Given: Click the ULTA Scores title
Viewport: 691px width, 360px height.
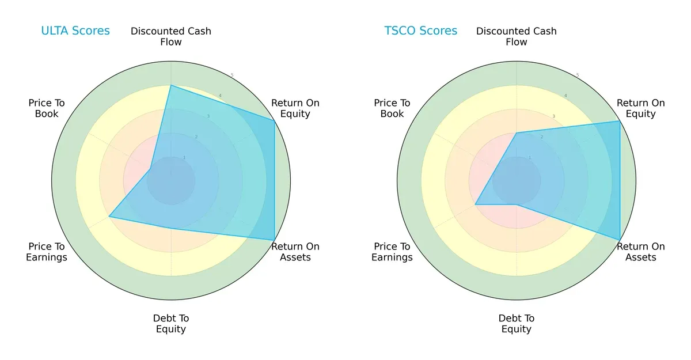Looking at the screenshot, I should (75, 31).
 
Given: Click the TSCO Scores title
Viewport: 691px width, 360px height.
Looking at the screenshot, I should (420, 31).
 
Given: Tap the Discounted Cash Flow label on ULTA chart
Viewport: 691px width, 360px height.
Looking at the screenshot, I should (171, 36).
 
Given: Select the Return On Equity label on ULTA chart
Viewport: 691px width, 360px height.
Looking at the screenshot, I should (295, 108).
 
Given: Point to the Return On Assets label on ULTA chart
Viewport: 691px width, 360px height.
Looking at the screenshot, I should (295, 252).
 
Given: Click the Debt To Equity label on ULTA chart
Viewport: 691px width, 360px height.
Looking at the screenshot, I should (171, 324).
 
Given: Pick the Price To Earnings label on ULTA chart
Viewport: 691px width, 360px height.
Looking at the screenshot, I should (47, 252).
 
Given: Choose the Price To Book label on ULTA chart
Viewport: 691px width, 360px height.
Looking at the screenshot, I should (47, 108).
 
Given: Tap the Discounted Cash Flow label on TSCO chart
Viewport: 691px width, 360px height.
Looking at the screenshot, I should (517, 36).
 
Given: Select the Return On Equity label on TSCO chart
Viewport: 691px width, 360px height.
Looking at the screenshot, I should (640, 108).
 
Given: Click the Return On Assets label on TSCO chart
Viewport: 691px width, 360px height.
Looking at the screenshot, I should (640, 252).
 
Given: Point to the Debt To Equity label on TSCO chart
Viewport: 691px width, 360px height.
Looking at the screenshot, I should (517, 324).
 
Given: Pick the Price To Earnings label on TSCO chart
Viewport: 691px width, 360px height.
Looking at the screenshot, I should (392, 252).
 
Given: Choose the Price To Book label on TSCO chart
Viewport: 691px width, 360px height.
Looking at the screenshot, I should (392, 108).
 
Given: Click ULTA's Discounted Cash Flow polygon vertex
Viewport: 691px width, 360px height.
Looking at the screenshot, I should (171, 85).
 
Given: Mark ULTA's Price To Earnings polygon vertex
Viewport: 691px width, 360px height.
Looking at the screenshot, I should (109, 217).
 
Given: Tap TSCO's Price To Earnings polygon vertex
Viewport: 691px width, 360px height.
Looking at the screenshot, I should (475, 204).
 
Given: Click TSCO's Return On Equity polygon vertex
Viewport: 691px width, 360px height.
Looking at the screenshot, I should (620, 121).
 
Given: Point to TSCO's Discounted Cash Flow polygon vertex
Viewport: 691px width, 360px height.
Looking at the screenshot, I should (517, 133).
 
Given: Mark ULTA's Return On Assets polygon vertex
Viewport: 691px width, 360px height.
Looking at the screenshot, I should (274, 240).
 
